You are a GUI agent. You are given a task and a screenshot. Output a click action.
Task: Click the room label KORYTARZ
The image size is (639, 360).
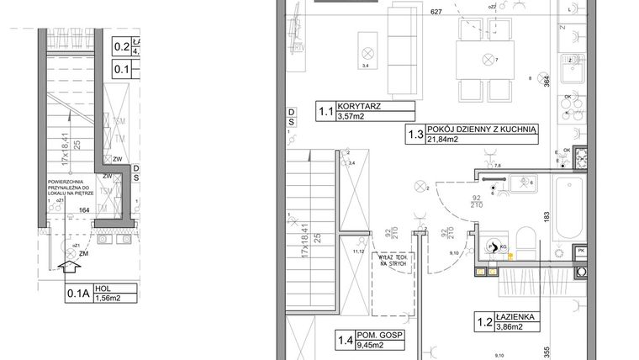click(x=358, y=107)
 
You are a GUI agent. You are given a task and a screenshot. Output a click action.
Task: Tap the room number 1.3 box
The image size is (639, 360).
click(x=415, y=135)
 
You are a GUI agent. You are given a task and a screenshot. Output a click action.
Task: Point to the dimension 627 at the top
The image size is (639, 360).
click(x=435, y=13)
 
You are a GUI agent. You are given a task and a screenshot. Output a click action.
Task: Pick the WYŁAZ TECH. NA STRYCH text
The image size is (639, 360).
click(x=392, y=260)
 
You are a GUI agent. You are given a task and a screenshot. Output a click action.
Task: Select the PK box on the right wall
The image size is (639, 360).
click(x=580, y=252)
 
